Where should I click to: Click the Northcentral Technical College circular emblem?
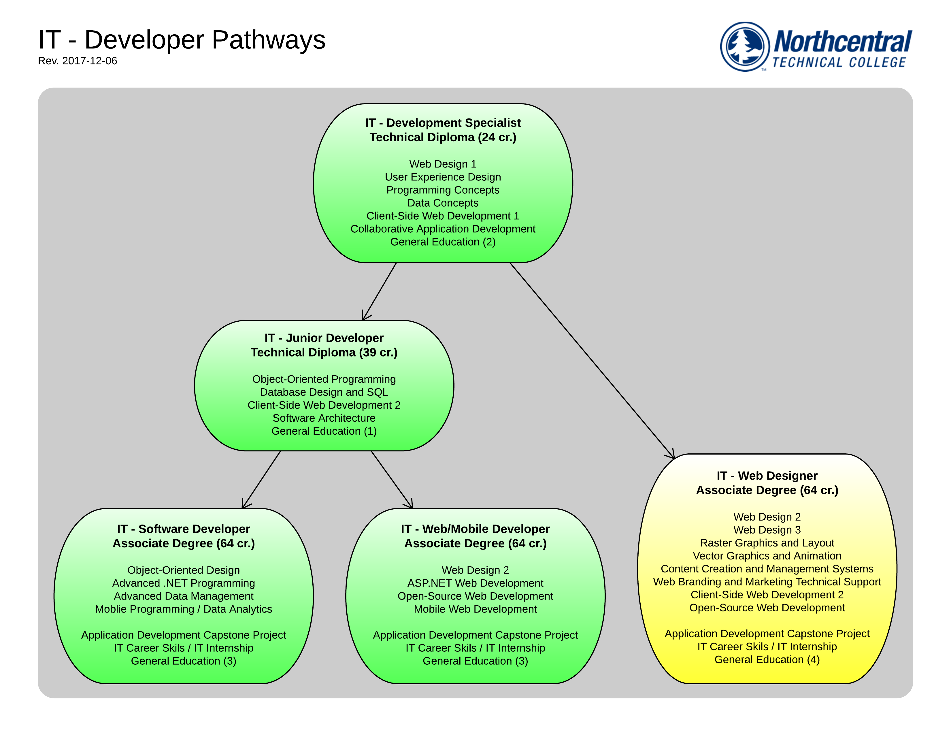[745, 47]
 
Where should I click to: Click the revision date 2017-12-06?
[78, 61]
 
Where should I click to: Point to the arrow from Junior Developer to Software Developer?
[261, 479]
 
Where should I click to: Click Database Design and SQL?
[324, 392]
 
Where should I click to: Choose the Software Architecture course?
[324, 418]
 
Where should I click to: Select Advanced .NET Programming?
[183, 583]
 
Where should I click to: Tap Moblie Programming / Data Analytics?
[183, 609]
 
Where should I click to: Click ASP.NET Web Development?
[475, 583]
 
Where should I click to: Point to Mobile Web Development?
[475, 609]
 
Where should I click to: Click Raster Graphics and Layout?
[767, 543]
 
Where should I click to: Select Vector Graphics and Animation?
[767, 556]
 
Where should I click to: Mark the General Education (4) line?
[767, 660]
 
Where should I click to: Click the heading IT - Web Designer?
[767, 476]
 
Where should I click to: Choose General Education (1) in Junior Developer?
[324, 431]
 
